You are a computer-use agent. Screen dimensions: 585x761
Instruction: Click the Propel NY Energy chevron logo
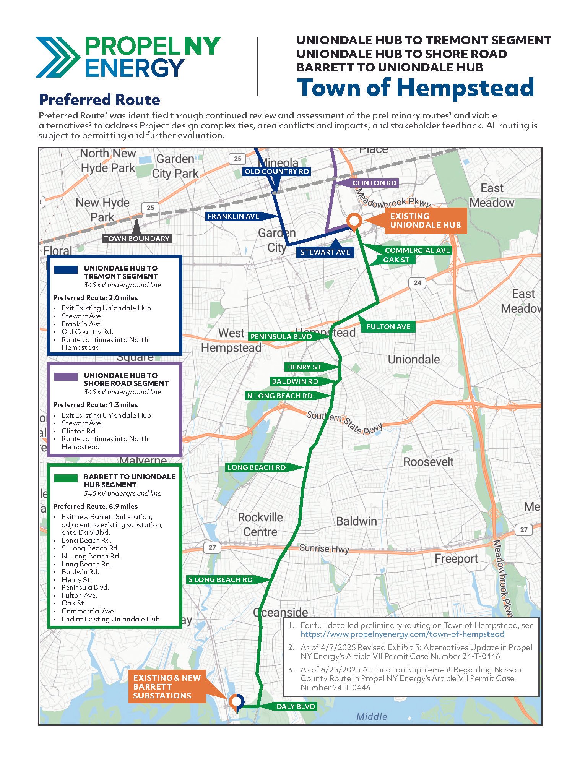pyautogui.click(x=57, y=57)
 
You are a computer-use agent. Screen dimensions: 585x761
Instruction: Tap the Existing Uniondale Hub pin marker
pyautogui.click(x=354, y=221)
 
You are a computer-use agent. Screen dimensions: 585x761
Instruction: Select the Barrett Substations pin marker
pyautogui.click(x=236, y=701)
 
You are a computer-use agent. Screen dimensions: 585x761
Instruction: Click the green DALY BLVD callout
pyautogui.click(x=296, y=706)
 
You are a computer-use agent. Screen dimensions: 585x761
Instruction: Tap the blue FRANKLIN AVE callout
pyautogui.click(x=234, y=216)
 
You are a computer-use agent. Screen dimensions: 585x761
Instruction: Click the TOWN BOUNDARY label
pyautogui.click(x=136, y=239)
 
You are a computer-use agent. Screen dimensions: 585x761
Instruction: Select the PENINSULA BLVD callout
pyautogui.click(x=281, y=336)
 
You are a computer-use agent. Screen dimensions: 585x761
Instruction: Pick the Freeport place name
pyautogui.click(x=456, y=559)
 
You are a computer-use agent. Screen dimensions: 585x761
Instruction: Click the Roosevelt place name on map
pyautogui.click(x=428, y=462)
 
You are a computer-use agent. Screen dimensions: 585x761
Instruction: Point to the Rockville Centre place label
pyautogui.click(x=260, y=524)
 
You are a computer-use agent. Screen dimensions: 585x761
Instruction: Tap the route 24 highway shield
pyautogui.click(x=417, y=283)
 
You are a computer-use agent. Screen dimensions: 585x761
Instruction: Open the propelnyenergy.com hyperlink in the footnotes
pyautogui.click(x=402, y=634)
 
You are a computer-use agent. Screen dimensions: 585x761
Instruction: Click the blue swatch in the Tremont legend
pyautogui.click(x=66, y=269)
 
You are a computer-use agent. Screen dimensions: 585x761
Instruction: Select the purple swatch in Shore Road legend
pyautogui.click(x=66, y=376)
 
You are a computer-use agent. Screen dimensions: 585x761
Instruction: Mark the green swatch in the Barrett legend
pyautogui.click(x=66, y=478)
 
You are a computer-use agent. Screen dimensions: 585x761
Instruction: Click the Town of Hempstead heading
pyautogui.click(x=415, y=88)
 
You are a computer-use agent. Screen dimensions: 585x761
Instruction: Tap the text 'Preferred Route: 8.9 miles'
pyautogui.click(x=96, y=506)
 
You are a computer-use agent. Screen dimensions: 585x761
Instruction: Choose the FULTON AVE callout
pyautogui.click(x=388, y=326)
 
